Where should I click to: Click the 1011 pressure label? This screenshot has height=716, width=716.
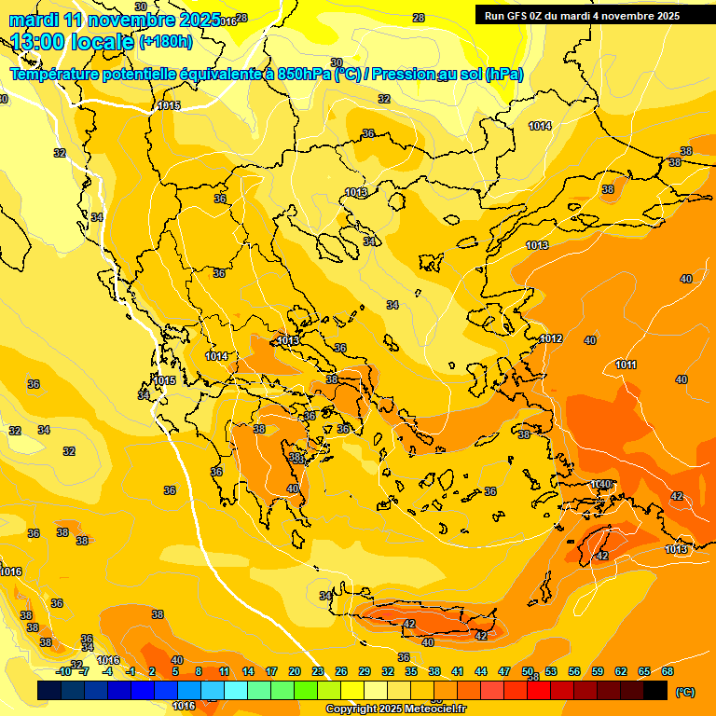pyautogui.click(x=626, y=365)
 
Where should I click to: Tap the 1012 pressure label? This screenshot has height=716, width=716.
pyautogui.click(x=551, y=338)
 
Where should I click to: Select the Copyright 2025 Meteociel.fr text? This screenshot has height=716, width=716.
pyautogui.click(x=395, y=709)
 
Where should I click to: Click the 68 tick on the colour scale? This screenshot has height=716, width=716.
pyautogui.click(x=668, y=671)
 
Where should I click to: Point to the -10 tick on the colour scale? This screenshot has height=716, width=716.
pyautogui.click(x=63, y=671)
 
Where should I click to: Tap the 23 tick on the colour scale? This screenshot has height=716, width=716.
pyautogui.click(x=318, y=671)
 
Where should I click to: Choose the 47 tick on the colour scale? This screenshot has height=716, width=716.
pyautogui.click(x=504, y=671)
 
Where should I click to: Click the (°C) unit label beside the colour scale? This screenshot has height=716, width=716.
pyautogui.click(x=684, y=692)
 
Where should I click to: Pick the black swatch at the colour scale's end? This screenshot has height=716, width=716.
pyautogui.click(x=655, y=691)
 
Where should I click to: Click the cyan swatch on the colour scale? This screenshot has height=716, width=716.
pyautogui.click(x=236, y=691)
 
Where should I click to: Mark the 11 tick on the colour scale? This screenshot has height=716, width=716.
pyautogui.click(x=225, y=671)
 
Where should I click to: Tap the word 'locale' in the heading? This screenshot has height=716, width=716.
pyautogui.click(x=103, y=41)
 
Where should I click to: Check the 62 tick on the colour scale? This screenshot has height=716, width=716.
pyautogui.click(x=621, y=671)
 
